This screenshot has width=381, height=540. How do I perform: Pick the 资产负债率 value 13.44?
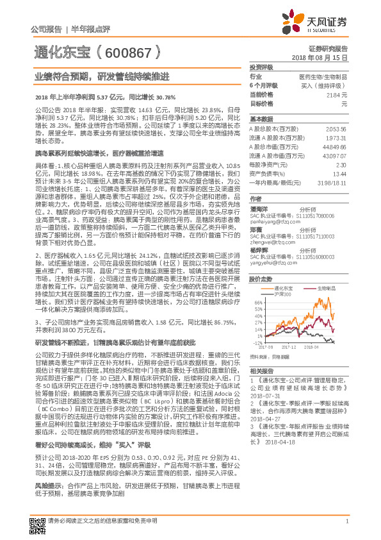click(340, 174)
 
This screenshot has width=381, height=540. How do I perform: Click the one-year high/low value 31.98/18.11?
click(332, 183)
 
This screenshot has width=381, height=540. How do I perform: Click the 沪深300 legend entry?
click(281, 294)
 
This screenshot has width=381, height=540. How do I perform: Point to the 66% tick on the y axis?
click(257, 301)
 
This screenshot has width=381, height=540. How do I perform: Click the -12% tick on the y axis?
click(257, 343)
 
